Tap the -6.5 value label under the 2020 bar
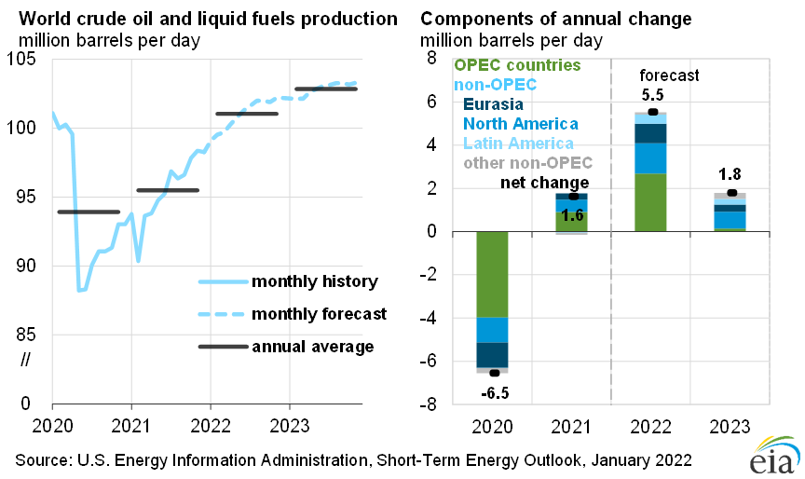tap(494, 393)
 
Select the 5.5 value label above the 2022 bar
tap(652, 95)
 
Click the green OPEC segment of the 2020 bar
tap(493, 274)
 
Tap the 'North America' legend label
tap(520, 124)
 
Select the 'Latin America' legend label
tap(518, 144)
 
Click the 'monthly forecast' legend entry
tap(319, 313)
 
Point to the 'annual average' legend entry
tap(312, 347)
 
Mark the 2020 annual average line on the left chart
tap(89, 212)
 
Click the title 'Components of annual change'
tap(556, 19)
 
